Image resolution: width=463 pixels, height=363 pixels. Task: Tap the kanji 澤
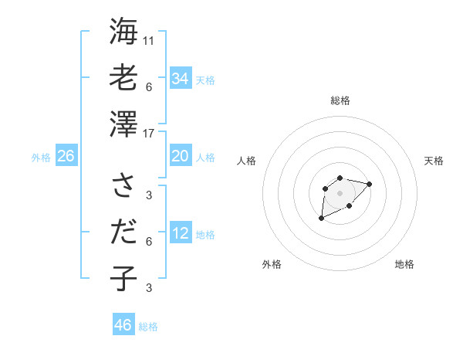click(x=123, y=124)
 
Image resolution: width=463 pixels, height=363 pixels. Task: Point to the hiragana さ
click(x=123, y=185)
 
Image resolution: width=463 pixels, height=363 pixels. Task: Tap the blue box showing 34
click(x=181, y=78)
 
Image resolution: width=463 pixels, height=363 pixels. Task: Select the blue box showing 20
click(x=181, y=156)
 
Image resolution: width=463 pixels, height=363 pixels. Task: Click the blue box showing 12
click(x=181, y=233)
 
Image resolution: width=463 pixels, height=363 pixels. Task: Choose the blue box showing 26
click(x=66, y=156)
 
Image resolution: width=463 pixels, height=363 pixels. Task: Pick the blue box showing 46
click(x=123, y=324)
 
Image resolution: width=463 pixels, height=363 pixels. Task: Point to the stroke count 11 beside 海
click(x=149, y=40)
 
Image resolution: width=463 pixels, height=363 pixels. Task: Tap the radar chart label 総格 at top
click(x=340, y=100)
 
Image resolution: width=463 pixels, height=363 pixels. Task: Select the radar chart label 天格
click(x=434, y=161)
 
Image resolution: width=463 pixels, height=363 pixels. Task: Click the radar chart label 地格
click(x=404, y=264)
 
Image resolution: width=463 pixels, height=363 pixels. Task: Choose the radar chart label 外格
click(x=272, y=264)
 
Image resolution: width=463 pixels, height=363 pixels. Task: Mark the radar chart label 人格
click(x=247, y=161)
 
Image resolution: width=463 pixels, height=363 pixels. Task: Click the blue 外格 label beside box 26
click(x=41, y=158)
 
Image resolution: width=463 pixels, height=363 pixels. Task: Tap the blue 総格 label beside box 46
click(x=148, y=327)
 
